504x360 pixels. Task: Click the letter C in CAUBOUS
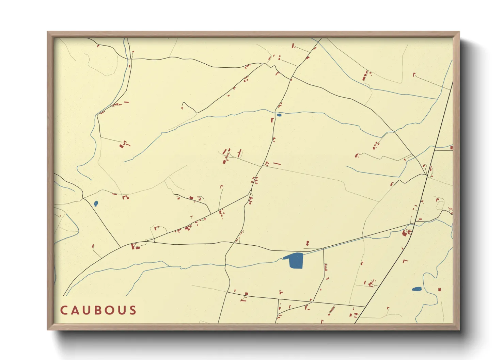coord(64,310)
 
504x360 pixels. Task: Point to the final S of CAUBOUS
coord(133,310)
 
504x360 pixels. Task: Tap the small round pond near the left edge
coord(96,203)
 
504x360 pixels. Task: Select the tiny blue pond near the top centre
coord(279,115)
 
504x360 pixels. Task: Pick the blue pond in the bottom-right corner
coord(416,289)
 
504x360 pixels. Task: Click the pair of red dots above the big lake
coord(308,243)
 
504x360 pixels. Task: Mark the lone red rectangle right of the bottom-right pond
coord(439,290)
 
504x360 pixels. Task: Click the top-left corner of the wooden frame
coord(48,32)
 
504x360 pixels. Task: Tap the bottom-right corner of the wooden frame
coord(459,330)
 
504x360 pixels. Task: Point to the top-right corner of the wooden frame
coord(459,32)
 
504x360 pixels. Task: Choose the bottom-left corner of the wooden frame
coord(48,330)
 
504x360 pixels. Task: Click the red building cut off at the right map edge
coord(452,148)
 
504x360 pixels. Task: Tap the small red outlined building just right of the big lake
coord(326,267)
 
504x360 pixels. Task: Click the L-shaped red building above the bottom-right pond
coord(405,261)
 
